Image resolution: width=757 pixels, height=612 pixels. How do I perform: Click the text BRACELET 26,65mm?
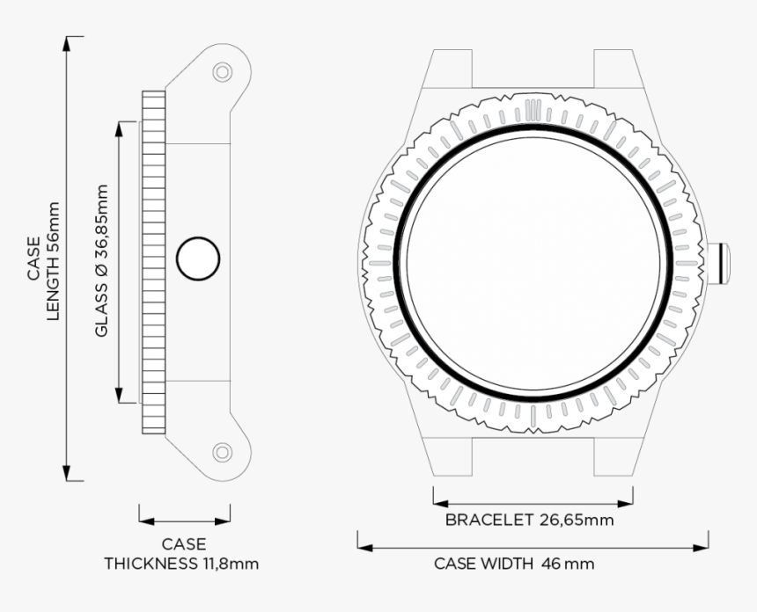point(529,520)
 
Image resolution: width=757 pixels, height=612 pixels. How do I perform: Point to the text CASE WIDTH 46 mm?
point(514,564)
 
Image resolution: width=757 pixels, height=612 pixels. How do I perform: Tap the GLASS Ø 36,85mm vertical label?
point(101,259)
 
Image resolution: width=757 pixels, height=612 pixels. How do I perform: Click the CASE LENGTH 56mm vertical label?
point(43,260)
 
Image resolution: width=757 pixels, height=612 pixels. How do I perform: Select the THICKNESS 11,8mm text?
point(182,563)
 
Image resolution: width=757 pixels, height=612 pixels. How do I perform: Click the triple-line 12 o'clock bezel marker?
point(533,110)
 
